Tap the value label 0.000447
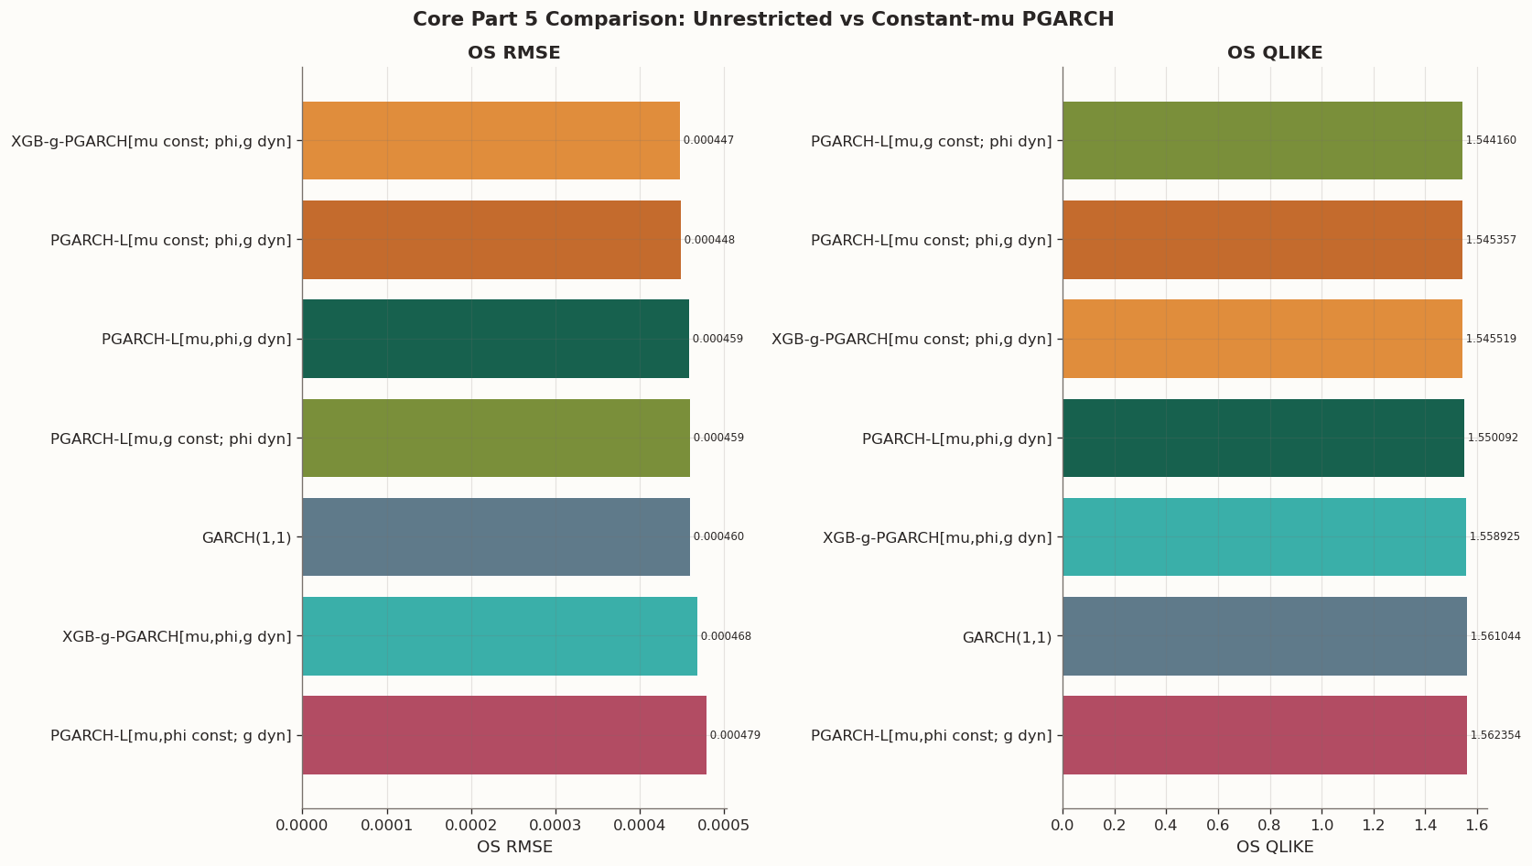(x=708, y=141)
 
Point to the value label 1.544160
(x=1491, y=141)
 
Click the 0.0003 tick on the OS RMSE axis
(x=556, y=826)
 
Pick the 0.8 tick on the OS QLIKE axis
(x=1269, y=826)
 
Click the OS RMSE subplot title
(x=513, y=53)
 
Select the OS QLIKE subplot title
(x=1274, y=53)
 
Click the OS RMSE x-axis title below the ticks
(x=514, y=848)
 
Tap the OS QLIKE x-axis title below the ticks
(x=1274, y=848)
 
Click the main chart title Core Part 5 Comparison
(x=763, y=19)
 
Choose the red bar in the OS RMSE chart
(x=503, y=735)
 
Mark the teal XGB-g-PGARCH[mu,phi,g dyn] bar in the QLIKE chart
(x=1263, y=537)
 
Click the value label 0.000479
(x=735, y=735)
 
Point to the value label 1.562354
(x=1495, y=735)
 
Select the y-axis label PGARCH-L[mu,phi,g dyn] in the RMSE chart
(x=196, y=340)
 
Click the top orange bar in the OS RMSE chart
(x=491, y=141)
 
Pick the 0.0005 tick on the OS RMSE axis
(x=724, y=826)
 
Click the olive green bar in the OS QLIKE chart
(x=1262, y=141)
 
